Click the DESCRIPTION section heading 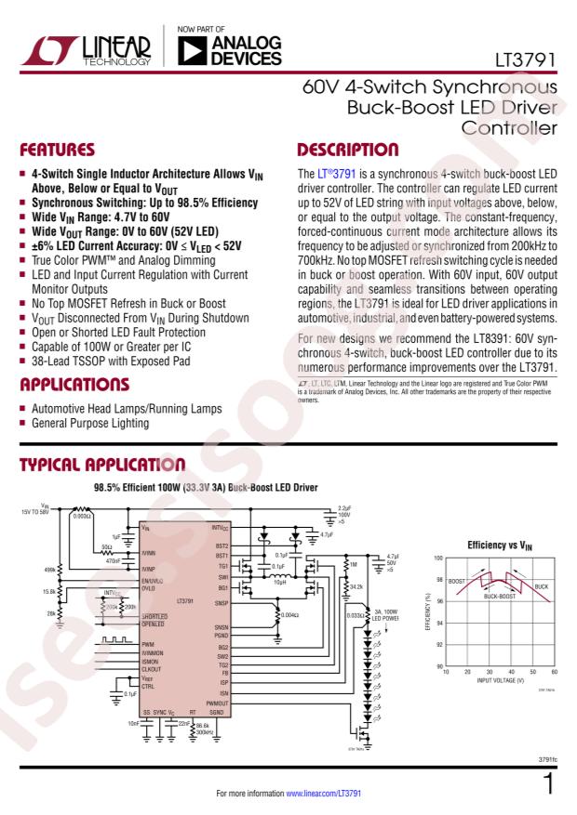pyautogui.click(x=347, y=150)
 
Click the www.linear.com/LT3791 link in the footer pyautogui.click(x=321, y=795)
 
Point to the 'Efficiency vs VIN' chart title pyautogui.click(x=499, y=546)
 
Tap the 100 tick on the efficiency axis pyautogui.click(x=437, y=558)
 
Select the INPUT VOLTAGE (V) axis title pyautogui.click(x=499, y=680)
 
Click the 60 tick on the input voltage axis pyautogui.click(x=555, y=672)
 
